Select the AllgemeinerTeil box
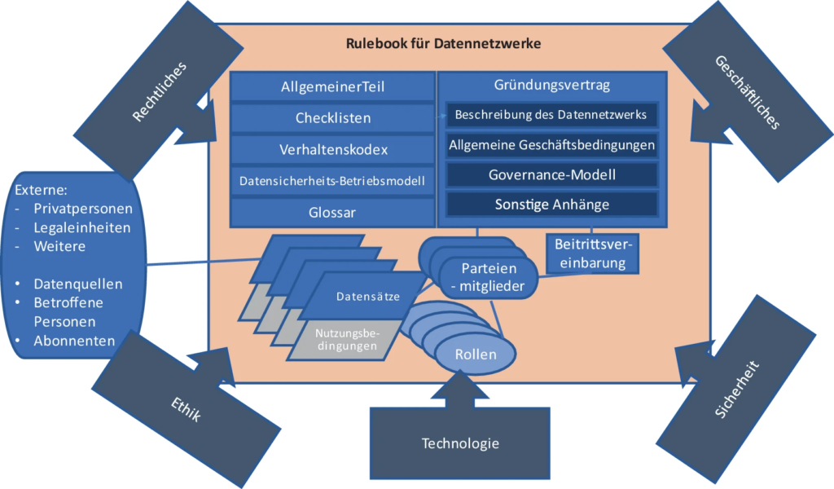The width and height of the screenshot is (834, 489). coord(332,86)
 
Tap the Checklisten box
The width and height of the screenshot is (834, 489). coord(332,118)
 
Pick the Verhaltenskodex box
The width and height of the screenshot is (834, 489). coord(332,150)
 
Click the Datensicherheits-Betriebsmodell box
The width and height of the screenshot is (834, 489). coord(332,181)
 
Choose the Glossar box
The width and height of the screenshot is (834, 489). coord(332,212)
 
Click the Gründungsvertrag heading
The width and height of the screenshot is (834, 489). coord(551,85)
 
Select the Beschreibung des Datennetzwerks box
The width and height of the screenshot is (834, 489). coord(551,115)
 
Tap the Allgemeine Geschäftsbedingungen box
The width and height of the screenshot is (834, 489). coord(551,145)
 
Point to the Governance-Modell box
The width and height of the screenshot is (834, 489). coord(551,174)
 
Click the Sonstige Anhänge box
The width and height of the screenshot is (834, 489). coord(551,204)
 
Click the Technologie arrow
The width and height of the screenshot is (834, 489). coord(460,440)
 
